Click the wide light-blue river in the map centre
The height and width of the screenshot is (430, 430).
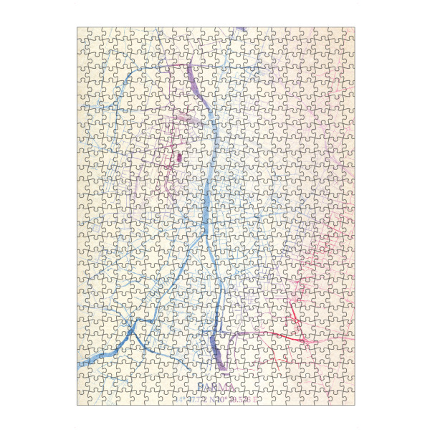pyautogui.click(x=207, y=208)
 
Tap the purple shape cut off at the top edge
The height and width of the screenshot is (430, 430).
pyautogui.click(x=242, y=30)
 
